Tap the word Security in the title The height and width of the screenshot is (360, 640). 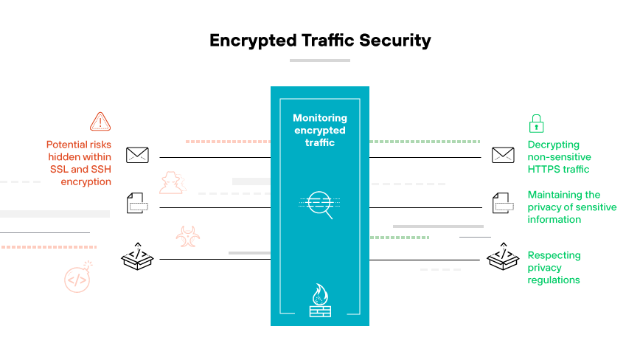pyautogui.click(x=394, y=40)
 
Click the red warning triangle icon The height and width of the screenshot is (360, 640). pyautogui.click(x=100, y=121)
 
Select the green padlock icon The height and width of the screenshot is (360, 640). pyautogui.click(x=536, y=122)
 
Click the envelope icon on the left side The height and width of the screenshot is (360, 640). pyautogui.click(x=137, y=155)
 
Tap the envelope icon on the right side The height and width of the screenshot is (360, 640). pyautogui.click(x=503, y=155)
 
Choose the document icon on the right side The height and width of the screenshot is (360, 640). pyautogui.click(x=503, y=203)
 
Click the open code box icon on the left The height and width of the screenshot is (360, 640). pyautogui.click(x=136, y=255)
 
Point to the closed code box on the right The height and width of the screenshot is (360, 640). pyautogui.click(x=504, y=255)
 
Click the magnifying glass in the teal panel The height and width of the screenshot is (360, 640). pyautogui.click(x=320, y=204)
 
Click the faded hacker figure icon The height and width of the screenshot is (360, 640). pyautogui.click(x=173, y=182)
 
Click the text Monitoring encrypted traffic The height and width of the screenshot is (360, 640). pyautogui.click(x=320, y=130)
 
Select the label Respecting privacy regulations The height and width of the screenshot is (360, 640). pyautogui.click(x=554, y=268)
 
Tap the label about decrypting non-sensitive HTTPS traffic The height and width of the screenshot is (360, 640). pyautogui.click(x=559, y=157)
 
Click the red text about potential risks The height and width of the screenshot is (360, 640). pyautogui.click(x=79, y=163)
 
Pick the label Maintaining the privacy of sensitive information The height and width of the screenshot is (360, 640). pyautogui.click(x=571, y=207)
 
